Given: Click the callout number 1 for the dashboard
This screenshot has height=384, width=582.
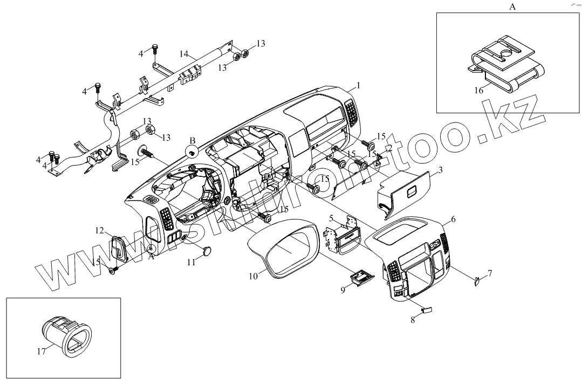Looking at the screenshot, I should (358, 86).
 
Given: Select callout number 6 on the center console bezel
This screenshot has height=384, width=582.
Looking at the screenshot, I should (453, 219).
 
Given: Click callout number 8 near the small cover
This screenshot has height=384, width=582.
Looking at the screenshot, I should (413, 319).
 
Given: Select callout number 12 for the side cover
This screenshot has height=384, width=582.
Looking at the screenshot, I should (100, 231).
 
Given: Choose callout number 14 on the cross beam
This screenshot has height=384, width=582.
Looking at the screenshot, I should (184, 54).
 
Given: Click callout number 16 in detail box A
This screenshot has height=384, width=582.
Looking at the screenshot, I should (479, 91).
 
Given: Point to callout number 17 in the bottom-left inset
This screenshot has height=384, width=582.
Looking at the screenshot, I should (41, 351).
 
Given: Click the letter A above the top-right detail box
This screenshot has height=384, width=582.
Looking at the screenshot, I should (512, 7).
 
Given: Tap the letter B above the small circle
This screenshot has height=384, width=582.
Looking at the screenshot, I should (192, 141).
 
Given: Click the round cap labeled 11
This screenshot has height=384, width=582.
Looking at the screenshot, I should (207, 251).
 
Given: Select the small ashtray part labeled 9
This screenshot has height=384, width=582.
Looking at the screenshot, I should (362, 277).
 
